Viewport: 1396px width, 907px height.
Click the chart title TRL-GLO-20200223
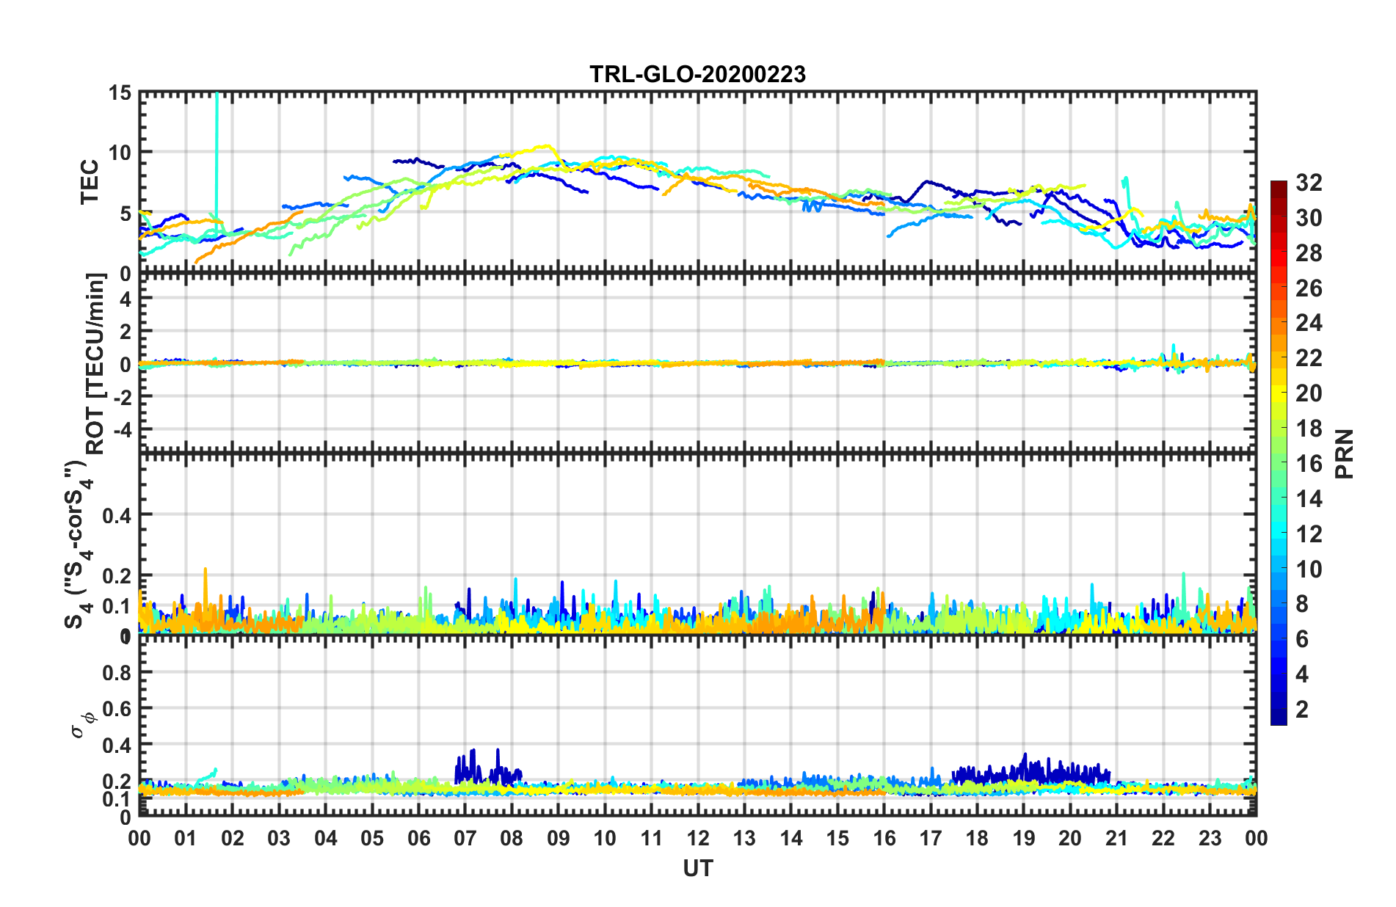(x=697, y=74)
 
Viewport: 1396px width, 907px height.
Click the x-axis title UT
(x=697, y=869)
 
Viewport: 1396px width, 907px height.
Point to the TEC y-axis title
(x=90, y=182)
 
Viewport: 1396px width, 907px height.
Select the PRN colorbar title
(x=1345, y=453)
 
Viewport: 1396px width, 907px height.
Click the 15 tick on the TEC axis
(x=120, y=93)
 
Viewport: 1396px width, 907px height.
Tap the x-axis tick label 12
(x=698, y=839)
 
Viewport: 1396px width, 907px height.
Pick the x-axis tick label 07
(x=465, y=839)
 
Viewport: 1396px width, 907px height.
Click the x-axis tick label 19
(x=1024, y=839)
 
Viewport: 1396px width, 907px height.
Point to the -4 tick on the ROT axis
(x=124, y=429)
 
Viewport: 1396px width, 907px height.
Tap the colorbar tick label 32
(x=1308, y=183)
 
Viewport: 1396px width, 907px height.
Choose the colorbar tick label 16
(x=1308, y=464)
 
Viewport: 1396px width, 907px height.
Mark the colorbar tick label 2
(x=1303, y=710)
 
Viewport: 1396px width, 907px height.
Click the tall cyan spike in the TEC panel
(x=217, y=147)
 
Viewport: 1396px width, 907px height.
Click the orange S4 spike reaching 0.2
(x=206, y=571)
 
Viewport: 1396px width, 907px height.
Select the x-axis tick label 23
(x=1210, y=839)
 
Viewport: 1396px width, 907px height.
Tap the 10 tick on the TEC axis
(x=120, y=153)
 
